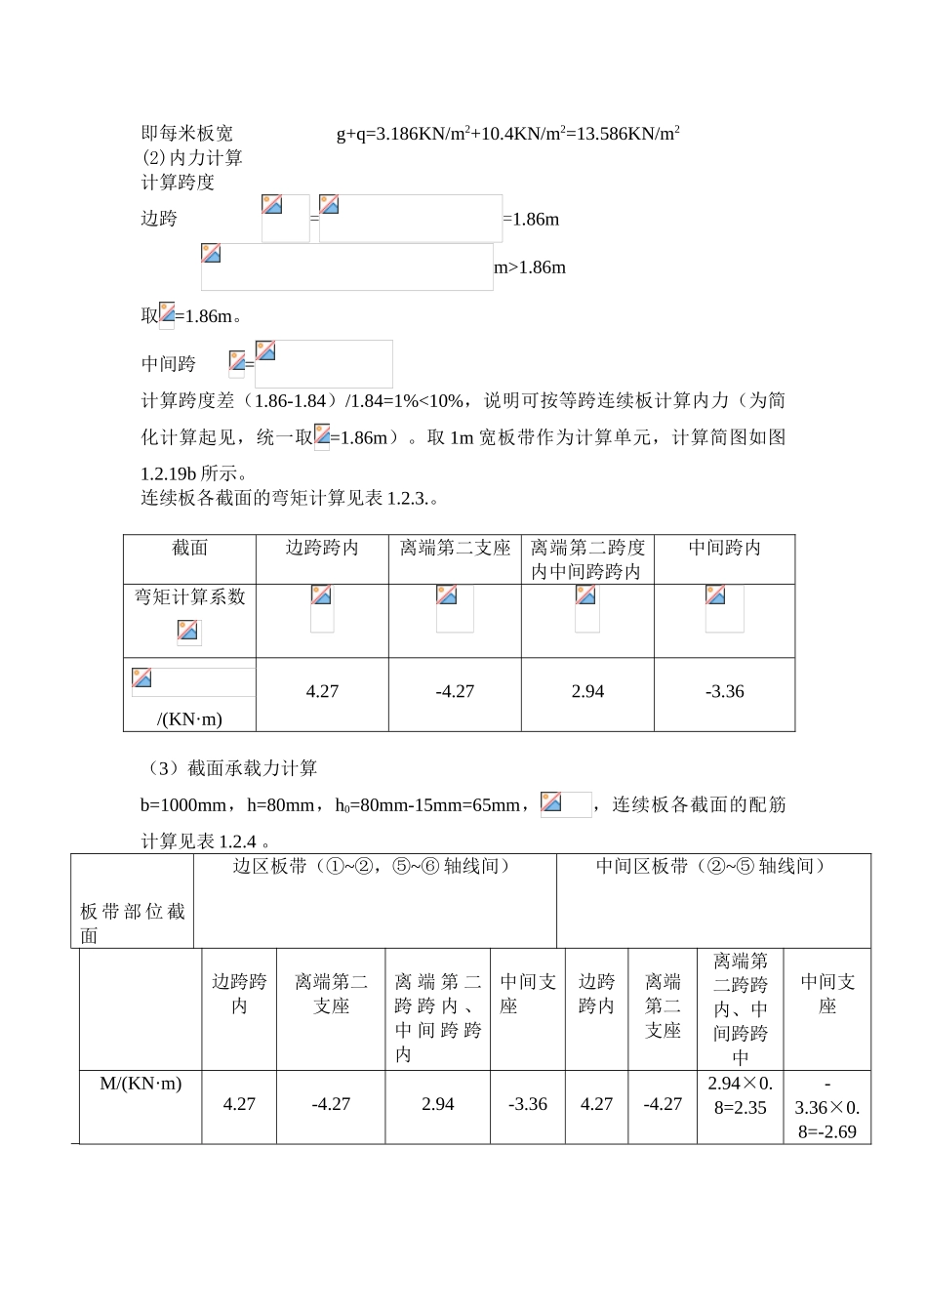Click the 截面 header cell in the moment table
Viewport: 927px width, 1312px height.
pyautogui.click(x=189, y=549)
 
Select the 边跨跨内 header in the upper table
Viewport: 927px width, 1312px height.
pyautogui.click(x=322, y=549)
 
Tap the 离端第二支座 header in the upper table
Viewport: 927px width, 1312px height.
pyautogui.click(x=455, y=549)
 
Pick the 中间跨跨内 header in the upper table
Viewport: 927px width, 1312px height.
pyautogui.click(x=724, y=549)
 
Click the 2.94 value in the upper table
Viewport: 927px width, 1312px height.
pyautogui.click(x=587, y=692)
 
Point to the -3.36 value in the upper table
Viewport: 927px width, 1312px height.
pyautogui.click(x=724, y=692)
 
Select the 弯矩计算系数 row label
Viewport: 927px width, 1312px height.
pyautogui.click(x=189, y=597)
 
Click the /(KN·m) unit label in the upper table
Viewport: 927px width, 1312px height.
pyautogui.click(x=189, y=719)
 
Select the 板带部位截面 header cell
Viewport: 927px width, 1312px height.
pyautogui.click(x=133, y=923)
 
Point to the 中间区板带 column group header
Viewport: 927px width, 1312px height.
pyautogui.click(x=712, y=867)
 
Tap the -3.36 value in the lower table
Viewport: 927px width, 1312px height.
pyautogui.click(x=528, y=1104)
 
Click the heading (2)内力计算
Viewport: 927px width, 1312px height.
pyautogui.click(x=192, y=158)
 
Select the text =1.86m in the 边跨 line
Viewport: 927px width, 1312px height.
pyautogui.click(x=532, y=220)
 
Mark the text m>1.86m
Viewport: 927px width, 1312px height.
pyautogui.click(x=530, y=267)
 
